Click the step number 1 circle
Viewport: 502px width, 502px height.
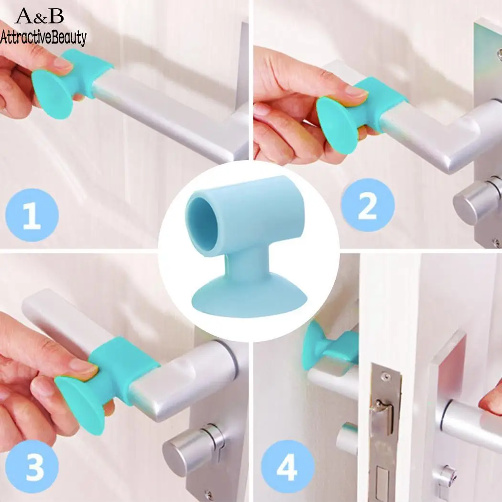[32, 215]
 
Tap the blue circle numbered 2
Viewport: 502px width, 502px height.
[368, 205]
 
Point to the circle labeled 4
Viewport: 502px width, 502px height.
[288, 466]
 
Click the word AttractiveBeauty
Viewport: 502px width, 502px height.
[44, 36]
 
